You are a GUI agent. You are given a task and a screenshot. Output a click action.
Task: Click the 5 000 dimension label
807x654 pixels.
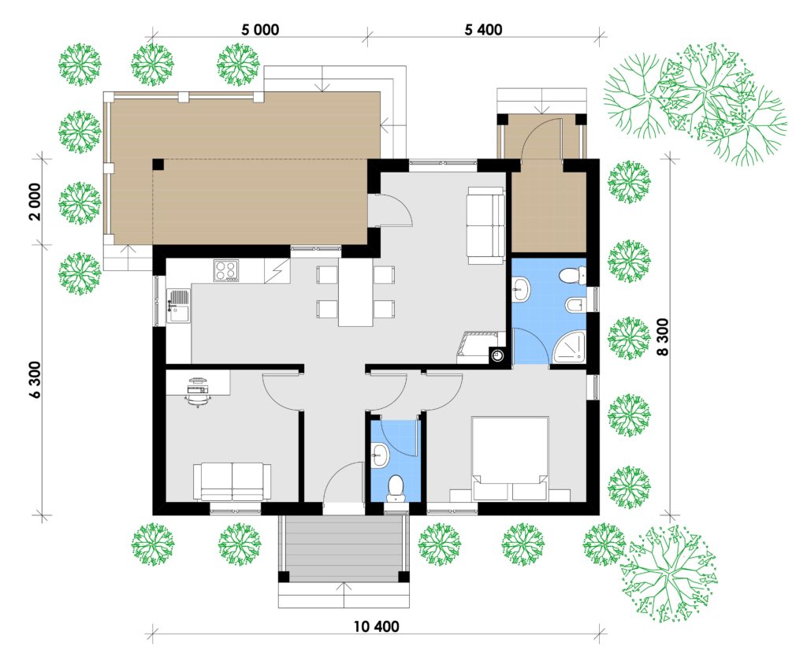pos(260,29)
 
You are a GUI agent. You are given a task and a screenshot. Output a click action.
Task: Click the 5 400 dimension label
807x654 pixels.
pos(483,29)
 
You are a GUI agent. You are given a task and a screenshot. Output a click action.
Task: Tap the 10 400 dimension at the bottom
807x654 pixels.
pos(376,626)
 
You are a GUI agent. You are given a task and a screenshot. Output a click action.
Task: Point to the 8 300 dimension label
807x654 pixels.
pos(662,336)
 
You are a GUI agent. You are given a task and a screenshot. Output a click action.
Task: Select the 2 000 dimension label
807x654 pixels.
pos(35,201)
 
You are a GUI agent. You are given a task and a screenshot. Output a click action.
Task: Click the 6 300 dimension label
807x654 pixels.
pos(35,381)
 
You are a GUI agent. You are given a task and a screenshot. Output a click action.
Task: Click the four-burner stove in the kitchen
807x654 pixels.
pos(227,270)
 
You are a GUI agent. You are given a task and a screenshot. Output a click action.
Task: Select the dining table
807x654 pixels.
pos(355,292)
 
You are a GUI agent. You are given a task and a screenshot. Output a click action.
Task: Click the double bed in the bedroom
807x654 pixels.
pos(511,458)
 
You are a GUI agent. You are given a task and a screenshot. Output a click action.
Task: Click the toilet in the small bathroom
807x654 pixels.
pos(396,488)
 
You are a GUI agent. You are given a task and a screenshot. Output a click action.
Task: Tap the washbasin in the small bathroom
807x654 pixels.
pos(380,455)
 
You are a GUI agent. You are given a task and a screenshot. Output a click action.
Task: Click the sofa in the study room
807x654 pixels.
pos(232,481)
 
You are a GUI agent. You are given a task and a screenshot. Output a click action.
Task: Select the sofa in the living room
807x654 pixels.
pos(485,225)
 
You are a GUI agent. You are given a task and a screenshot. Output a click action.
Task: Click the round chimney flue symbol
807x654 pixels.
pos(498,355)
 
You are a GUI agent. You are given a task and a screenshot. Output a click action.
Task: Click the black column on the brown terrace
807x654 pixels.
pos(158,165)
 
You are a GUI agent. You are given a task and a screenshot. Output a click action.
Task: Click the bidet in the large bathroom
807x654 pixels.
pos(575,306)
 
